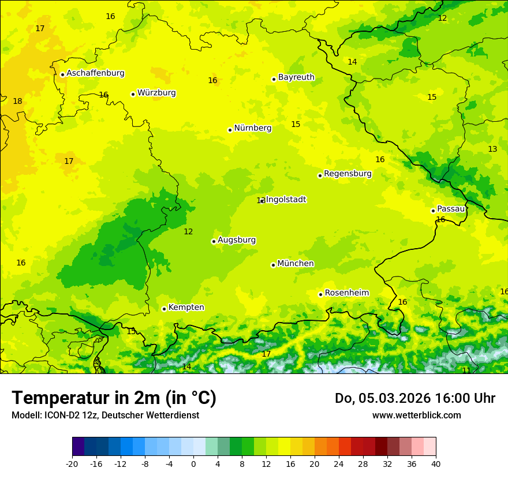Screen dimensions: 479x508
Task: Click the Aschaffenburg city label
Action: click(95, 73)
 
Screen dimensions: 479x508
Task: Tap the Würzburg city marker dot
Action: click(133, 94)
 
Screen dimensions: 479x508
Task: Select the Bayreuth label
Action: click(296, 77)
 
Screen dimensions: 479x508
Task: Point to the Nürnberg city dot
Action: click(230, 130)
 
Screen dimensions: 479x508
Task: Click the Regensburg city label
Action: click(348, 174)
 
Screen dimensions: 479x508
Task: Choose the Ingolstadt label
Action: click(286, 200)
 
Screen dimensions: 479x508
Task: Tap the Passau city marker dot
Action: click(433, 211)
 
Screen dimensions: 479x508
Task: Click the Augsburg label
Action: click(237, 240)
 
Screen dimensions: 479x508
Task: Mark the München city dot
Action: click(273, 265)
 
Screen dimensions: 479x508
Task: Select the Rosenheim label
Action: click(346, 293)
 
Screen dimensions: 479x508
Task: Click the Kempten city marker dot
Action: click(164, 309)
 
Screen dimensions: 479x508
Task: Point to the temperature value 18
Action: click(17, 102)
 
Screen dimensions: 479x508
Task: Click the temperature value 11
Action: click(466, 371)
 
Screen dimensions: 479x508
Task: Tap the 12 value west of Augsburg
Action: click(188, 232)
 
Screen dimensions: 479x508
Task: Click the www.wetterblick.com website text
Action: click(416, 416)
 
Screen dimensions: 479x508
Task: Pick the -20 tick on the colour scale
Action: click(72, 464)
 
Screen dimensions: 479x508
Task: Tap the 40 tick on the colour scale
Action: click(435, 464)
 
